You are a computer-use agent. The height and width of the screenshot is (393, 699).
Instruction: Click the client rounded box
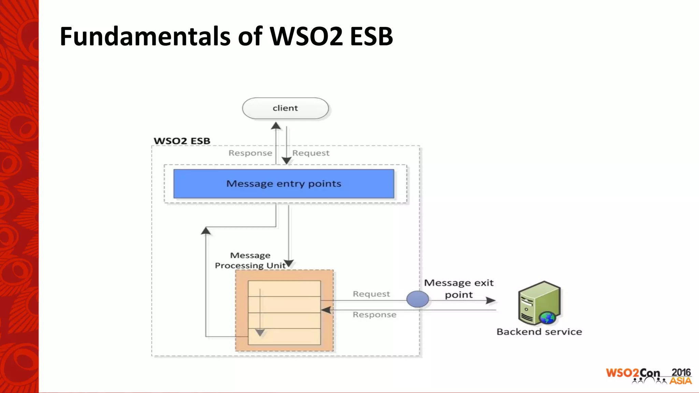pos(285,108)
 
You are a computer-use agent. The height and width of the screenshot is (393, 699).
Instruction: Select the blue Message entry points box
pos(284,184)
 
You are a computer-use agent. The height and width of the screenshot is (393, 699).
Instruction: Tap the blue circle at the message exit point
pos(417,299)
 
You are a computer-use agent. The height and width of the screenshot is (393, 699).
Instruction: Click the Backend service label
pos(539,332)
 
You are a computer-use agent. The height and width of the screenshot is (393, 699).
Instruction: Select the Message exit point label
pos(459,289)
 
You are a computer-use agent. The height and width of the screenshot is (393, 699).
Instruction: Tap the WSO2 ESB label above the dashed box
pos(182,141)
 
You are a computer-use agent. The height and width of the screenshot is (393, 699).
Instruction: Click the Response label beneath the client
pos(250,153)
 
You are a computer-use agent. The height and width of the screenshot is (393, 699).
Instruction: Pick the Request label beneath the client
pos(311,153)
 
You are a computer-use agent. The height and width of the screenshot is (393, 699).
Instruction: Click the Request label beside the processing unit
pos(371,294)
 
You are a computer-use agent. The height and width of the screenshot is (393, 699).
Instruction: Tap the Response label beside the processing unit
pos(374,315)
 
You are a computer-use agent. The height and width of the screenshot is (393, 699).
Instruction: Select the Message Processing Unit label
pos(251,260)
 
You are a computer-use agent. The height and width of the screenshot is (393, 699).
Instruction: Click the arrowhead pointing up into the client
pos(276,126)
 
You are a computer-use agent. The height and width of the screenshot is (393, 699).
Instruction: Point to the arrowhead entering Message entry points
pos(287,161)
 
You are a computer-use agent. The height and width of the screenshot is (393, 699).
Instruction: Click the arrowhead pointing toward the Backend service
pos(491,301)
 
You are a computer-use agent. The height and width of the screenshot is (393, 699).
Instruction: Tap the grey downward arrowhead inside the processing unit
pos(260,333)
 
